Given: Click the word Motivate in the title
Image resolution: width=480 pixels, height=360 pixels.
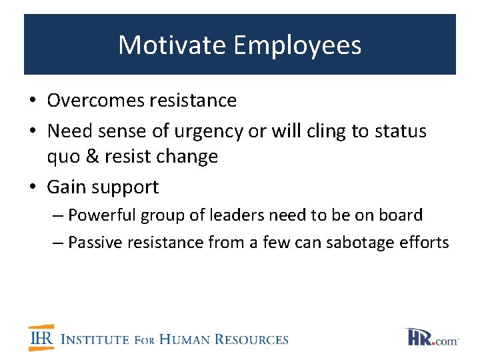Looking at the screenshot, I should coord(173,45).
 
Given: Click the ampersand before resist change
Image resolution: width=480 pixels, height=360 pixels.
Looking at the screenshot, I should coord(93,157).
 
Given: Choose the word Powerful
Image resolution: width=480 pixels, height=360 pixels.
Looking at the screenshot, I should coord(99,215).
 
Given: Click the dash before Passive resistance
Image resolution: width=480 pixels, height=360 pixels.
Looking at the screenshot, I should coord(58,243).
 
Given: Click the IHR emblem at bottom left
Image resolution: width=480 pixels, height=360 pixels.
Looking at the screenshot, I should coord(41,338).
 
